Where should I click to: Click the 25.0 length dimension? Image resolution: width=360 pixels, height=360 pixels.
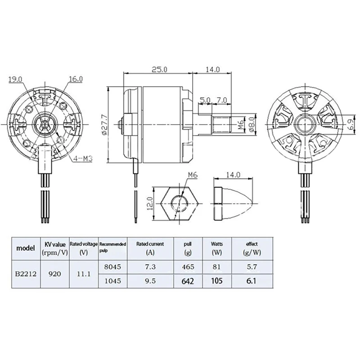[x=159, y=69]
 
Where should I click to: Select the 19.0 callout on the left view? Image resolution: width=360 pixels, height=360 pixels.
[x=15, y=80]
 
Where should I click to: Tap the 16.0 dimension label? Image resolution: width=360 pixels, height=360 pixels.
[x=76, y=79]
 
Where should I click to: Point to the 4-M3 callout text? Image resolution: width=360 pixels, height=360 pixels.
[x=83, y=158]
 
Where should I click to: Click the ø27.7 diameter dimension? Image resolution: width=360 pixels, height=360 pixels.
[x=104, y=125]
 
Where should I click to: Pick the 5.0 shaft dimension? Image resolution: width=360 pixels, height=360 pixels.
[x=205, y=100]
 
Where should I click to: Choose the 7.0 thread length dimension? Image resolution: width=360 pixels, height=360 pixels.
[x=222, y=100]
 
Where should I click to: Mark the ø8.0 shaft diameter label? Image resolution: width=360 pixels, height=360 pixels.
[x=252, y=125]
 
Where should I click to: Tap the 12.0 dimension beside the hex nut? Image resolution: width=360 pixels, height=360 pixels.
[x=150, y=203]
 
